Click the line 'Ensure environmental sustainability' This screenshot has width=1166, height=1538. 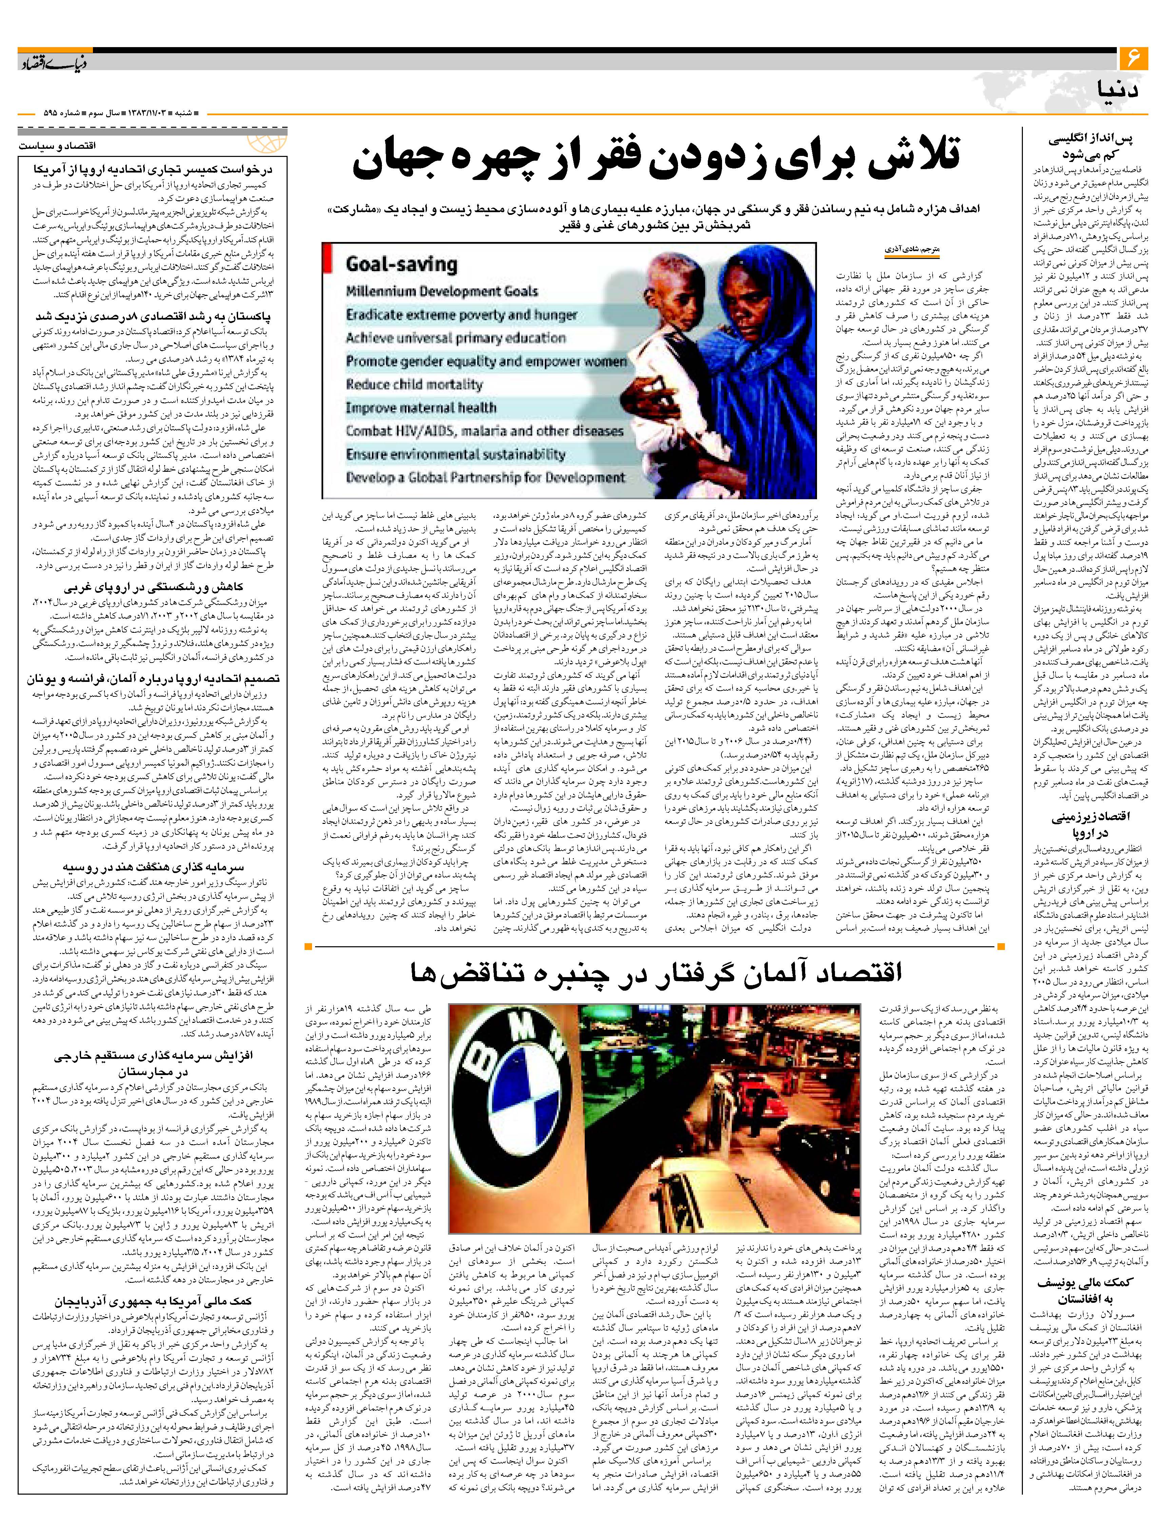[456, 455]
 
